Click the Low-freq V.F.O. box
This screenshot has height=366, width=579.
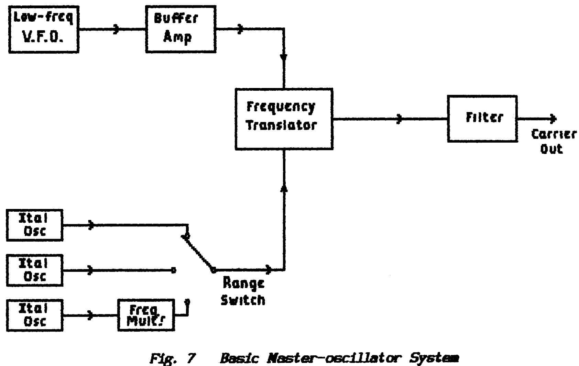[44, 29]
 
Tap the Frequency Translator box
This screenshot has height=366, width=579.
[284, 119]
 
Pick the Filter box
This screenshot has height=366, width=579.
[482, 119]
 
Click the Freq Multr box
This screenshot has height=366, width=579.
[146, 315]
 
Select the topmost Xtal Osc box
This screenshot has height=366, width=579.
[35, 225]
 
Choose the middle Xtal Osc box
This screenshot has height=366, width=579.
[35, 270]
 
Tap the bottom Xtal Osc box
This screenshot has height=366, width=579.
[35, 315]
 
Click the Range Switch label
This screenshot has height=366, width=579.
[243, 291]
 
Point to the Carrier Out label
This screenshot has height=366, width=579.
[553, 141]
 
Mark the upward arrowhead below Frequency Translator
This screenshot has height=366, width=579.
[284, 188]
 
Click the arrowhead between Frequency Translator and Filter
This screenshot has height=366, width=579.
[399, 119]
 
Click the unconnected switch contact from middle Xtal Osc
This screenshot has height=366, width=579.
[174, 270]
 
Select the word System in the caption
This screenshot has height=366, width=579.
[434, 359]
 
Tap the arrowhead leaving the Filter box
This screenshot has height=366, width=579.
[553, 119]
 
